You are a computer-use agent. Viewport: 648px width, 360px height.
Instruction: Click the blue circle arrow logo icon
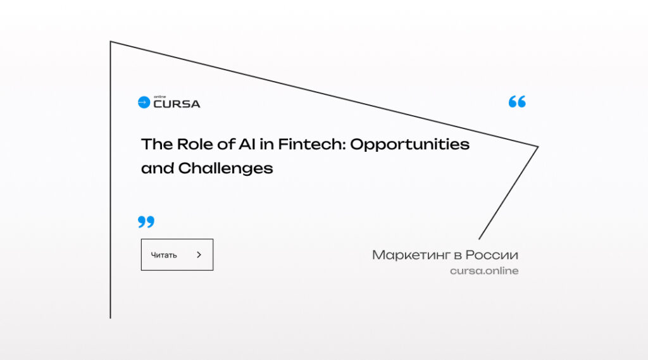point(144,102)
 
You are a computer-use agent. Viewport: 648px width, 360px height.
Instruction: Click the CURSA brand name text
point(177,104)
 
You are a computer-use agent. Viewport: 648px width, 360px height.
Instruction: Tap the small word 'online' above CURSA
point(160,97)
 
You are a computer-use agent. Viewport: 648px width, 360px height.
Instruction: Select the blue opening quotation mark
point(517,101)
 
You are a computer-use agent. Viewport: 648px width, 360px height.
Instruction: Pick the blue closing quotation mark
point(146,221)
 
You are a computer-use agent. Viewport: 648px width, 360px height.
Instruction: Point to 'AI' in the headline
point(247,144)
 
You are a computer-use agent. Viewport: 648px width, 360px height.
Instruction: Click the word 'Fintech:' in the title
point(311,144)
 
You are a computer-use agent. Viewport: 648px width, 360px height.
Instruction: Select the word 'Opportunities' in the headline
point(409,145)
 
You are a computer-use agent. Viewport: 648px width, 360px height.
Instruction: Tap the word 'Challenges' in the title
point(226,169)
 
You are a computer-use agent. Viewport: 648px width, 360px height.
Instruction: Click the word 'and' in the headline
point(158,168)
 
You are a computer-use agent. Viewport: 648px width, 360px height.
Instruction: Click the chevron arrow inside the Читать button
point(199,254)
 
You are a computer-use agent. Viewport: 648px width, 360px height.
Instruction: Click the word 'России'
point(492,255)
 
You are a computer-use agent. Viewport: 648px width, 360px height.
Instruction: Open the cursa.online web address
point(484,271)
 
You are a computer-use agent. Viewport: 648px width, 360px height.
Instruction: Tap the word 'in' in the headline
point(266,144)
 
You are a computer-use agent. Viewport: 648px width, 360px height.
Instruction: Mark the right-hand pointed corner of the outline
point(538,146)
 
